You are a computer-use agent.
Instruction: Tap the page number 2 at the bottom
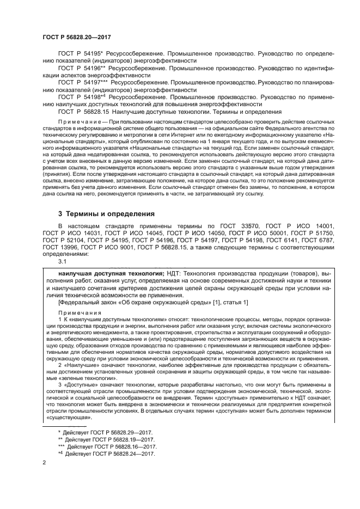point(44,463)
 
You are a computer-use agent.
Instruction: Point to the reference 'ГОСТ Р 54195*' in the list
point(80,54)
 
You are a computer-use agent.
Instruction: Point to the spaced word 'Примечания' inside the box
point(80,313)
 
